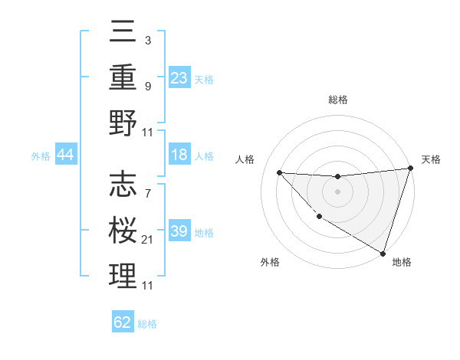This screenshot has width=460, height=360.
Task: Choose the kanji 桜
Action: (x=123, y=230)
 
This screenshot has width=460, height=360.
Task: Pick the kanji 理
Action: (x=123, y=275)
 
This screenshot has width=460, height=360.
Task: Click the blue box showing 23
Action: (x=179, y=78)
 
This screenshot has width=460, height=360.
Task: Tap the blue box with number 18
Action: (x=179, y=155)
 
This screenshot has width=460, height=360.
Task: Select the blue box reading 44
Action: (x=65, y=155)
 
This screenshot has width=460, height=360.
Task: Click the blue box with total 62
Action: (x=123, y=322)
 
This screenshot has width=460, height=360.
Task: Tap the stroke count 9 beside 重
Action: (x=147, y=87)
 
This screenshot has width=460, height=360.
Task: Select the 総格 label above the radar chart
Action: (x=338, y=100)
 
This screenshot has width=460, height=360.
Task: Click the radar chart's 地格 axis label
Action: (x=402, y=262)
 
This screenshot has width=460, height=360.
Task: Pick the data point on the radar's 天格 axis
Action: (x=411, y=169)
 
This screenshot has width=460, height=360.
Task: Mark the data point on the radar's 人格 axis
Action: (x=279, y=172)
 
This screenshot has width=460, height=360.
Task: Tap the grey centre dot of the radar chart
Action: (x=337, y=191)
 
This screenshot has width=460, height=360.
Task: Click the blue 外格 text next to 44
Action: (x=40, y=156)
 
